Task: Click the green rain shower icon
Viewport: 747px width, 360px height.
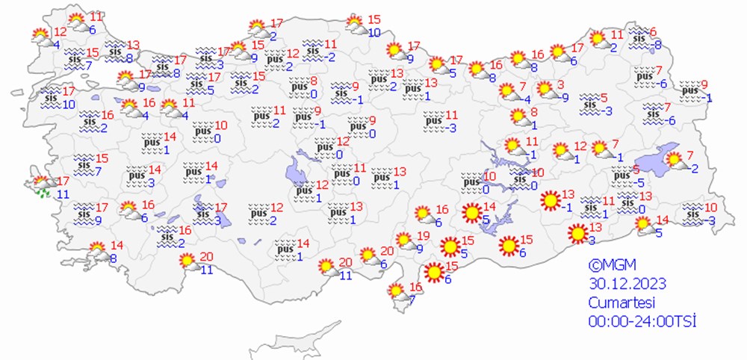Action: tap(43, 193)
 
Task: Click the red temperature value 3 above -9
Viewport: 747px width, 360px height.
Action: tap(561, 84)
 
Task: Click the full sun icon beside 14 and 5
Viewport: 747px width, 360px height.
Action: tap(471, 214)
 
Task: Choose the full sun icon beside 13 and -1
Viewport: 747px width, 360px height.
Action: tap(550, 200)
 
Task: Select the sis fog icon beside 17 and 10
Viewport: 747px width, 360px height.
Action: tap(51, 97)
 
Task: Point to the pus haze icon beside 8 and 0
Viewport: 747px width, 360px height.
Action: tap(298, 87)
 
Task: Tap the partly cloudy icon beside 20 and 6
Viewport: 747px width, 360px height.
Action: tap(368, 256)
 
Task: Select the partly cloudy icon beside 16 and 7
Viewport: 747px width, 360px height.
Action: tap(397, 292)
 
